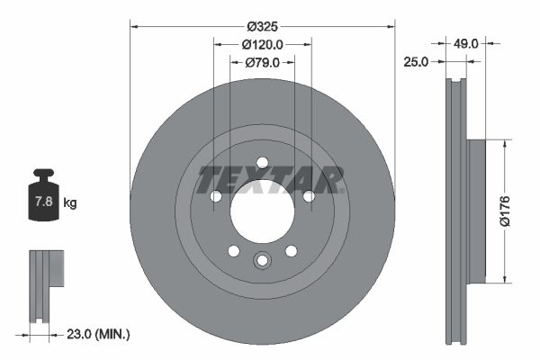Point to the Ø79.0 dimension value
[263, 62]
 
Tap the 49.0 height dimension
[464, 42]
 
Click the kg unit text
[71, 202]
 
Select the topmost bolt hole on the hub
[262, 163]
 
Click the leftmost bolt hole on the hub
[215, 196]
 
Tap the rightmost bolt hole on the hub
[309, 196]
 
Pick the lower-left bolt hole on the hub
[233, 251]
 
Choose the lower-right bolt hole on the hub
[291, 251]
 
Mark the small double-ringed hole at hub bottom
[262, 261]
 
